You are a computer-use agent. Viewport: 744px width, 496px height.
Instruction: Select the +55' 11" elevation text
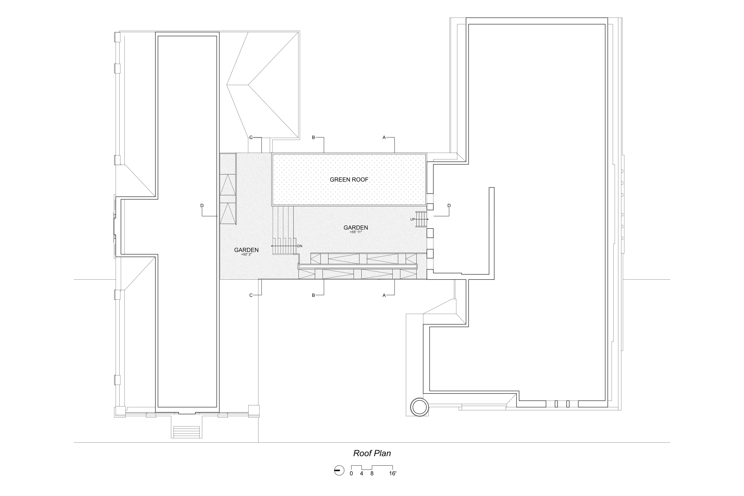click(x=356, y=232)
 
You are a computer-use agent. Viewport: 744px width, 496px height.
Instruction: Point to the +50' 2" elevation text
click(x=246, y=254)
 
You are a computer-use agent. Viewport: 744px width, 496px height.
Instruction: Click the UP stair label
click(x=413, y=219)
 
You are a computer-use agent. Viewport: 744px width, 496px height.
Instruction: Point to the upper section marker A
click(x=384, y=138)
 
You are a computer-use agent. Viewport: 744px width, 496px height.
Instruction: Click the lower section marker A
click(x=384, y=295)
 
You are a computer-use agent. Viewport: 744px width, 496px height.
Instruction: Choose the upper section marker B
click(x=313, y=138)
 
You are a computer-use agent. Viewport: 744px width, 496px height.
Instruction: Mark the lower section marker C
click(x=251, y=295)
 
